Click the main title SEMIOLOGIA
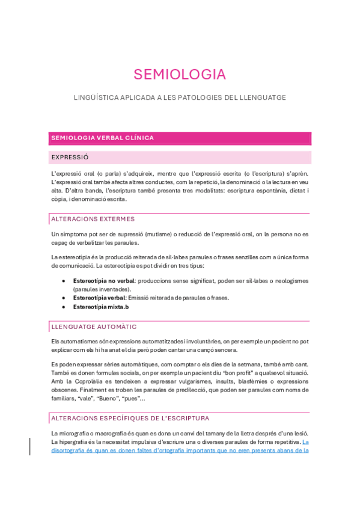[x=180, y=75]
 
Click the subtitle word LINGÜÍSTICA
[x=94, y=97]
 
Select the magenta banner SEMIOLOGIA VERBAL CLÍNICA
[x=102, y=138]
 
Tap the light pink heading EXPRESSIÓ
[x=70, y=157]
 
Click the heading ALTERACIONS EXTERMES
[x=93, y=219]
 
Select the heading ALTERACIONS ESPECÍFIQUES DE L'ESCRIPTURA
[x=130, y=418]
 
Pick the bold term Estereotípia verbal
[x=99, y=298]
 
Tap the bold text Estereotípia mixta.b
[x=100, y=307]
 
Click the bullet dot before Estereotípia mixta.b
[x=64, y=307]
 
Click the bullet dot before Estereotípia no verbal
[x=64, y=281]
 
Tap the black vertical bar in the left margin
[x=30, y=446]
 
